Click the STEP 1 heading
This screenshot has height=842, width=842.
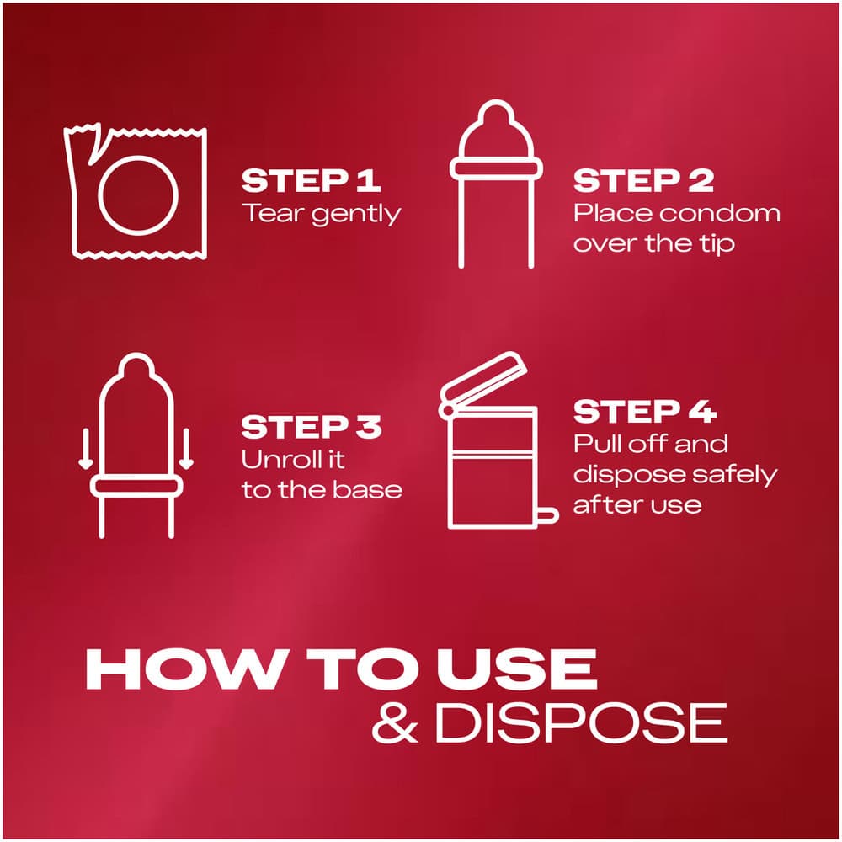311,181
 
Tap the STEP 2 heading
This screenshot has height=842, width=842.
643,181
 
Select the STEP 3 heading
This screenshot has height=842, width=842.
311,428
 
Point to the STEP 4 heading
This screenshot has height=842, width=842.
644,412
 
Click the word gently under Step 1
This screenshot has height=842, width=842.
356,216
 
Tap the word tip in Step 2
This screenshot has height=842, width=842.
717,244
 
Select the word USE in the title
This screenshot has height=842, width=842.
517,669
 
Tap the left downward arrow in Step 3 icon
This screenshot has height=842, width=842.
85,449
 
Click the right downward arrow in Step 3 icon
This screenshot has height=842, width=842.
186,449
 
